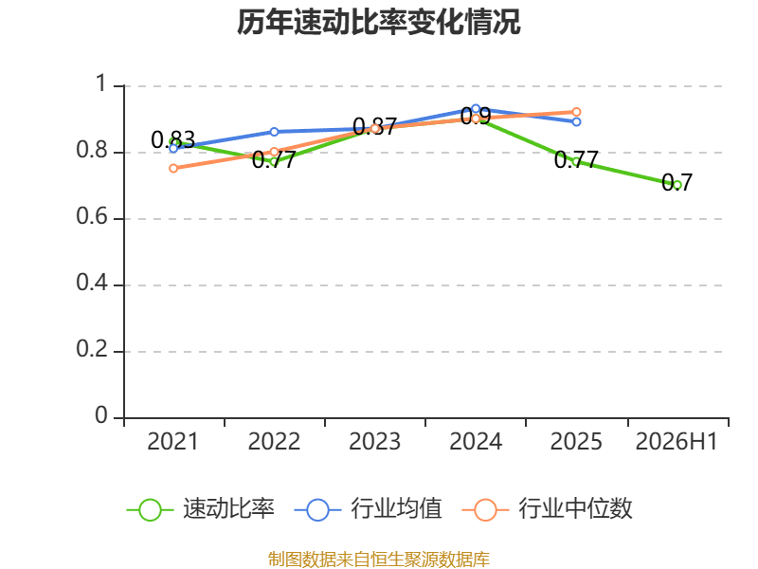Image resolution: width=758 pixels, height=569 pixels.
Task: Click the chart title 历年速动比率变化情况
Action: coord(378,22)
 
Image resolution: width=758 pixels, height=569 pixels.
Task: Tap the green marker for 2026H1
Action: coord(677,185)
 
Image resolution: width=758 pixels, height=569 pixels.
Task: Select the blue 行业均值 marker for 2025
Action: coord(576,122)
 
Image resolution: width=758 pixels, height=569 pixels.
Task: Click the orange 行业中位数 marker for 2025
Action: coord(576,112)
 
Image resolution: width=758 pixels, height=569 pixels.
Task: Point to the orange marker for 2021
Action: coord(173,169)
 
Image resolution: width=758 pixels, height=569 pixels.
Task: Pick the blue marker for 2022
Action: coord(274,132)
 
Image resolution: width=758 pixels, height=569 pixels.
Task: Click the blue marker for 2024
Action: coord(476,109)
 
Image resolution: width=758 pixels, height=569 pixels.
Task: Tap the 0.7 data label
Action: coord(677,182)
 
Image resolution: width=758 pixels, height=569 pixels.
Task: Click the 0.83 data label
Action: coord(173,140)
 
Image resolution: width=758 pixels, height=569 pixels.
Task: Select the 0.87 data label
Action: coord(374,127)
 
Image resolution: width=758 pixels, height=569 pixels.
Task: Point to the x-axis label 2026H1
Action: coord(677,441)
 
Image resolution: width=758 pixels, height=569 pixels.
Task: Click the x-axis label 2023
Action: coord(374,441)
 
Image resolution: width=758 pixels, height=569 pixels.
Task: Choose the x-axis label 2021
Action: coord(173,441)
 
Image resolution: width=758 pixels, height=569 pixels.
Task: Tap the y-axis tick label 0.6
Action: coord(92,216)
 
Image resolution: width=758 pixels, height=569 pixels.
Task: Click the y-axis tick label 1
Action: coord(101,83)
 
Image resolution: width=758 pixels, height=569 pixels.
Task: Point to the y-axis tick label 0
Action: coord(101,415)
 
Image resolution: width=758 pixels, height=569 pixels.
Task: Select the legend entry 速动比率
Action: coord(201,509)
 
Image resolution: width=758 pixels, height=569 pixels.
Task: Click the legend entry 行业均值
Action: coord(368,509)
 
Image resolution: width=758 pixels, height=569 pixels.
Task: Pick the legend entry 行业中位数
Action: coord(548,509)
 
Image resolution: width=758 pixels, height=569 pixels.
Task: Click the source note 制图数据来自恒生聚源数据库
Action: coord(379,560)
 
